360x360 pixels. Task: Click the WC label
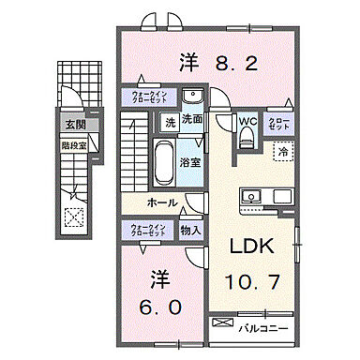pos(247,121)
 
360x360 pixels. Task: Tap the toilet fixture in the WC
pos(247,138)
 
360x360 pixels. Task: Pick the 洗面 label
pos(191,121)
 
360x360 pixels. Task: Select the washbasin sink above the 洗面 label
pos(193,97)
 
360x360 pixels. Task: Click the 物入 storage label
pos(188,230)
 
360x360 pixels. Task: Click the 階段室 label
pos(74,145)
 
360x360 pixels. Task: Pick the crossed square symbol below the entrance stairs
pos(73,214)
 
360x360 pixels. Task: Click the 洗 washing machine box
pos(170,122)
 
